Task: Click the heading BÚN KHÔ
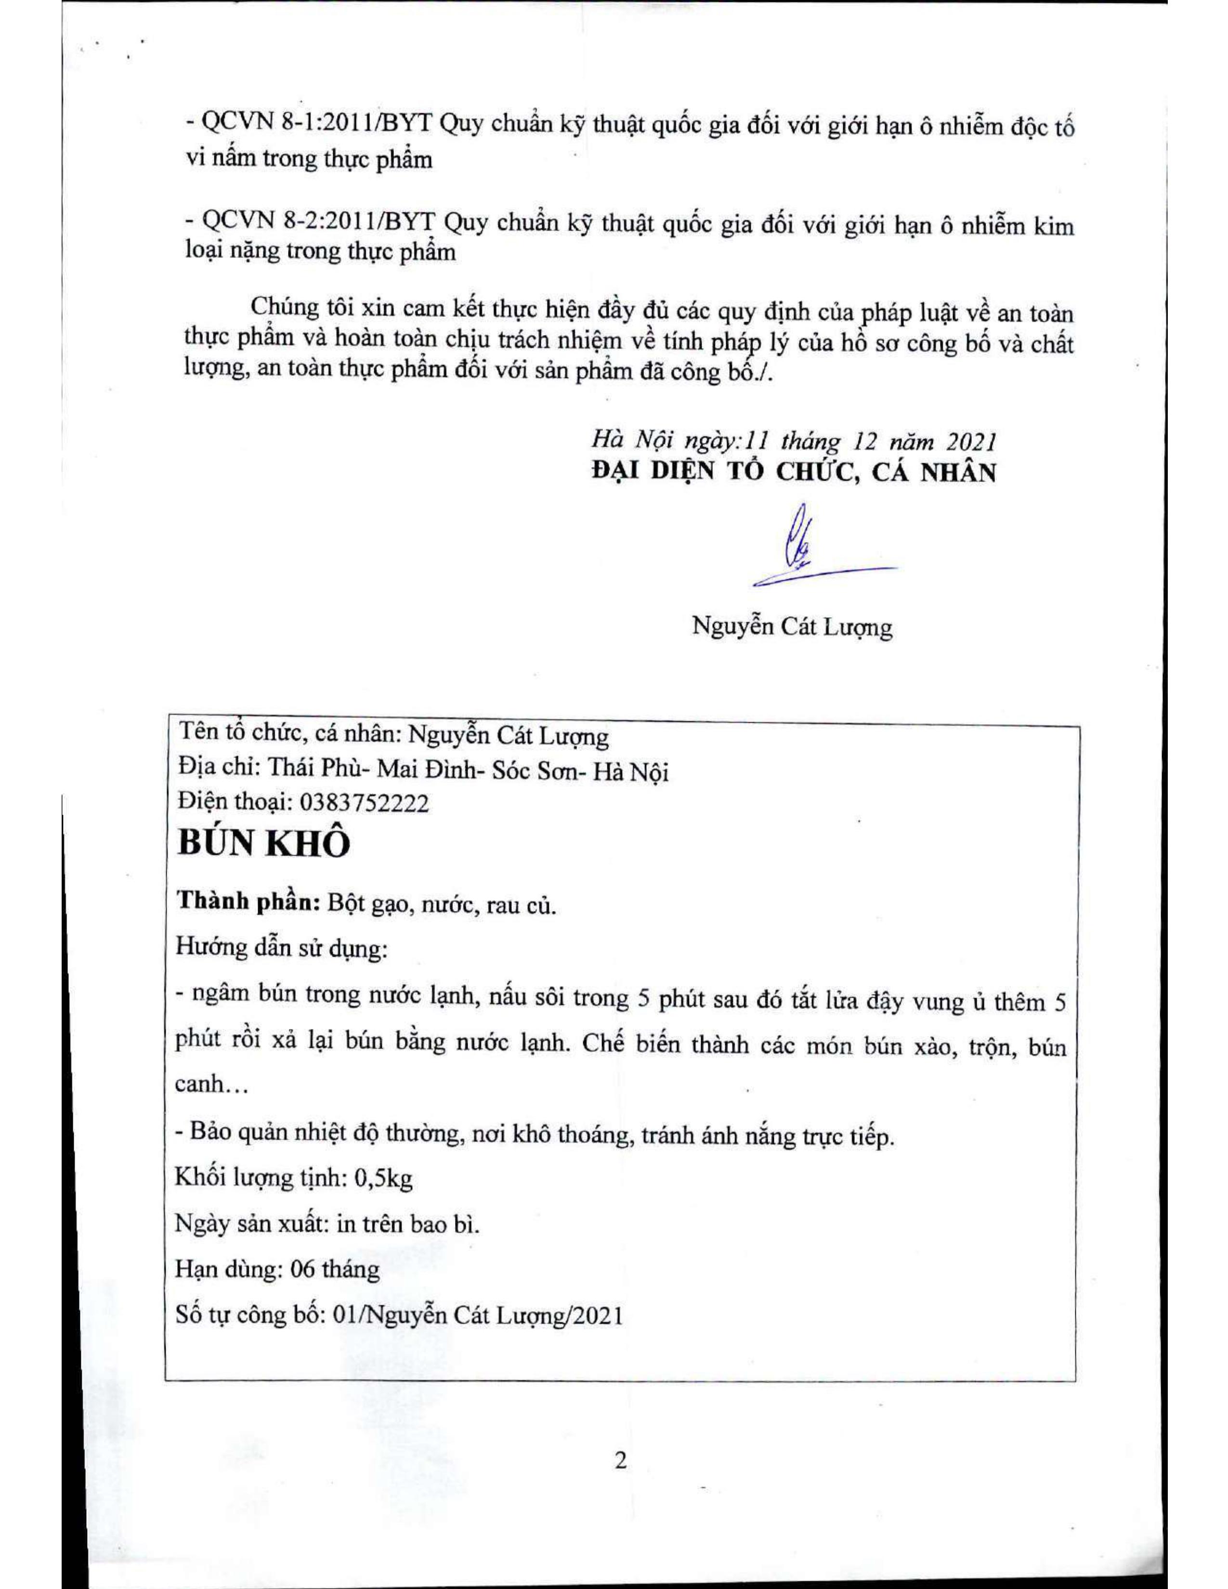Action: [x=263, y=844]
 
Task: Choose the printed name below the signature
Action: [x=792, y=626]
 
